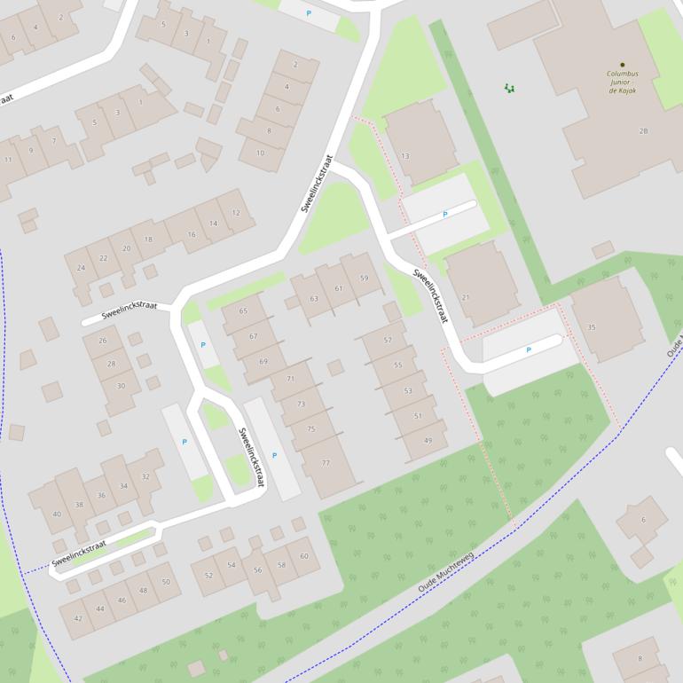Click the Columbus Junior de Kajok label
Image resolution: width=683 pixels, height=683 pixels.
point(622,82)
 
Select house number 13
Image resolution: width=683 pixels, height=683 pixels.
point(405,156)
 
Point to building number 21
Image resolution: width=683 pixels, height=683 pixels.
point(466,297)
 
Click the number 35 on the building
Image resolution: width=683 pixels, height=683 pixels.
point(592,327)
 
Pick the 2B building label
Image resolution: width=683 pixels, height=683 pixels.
point(643,131)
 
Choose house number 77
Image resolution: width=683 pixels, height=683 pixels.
point(326,463)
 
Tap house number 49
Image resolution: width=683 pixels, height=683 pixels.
point(428,441)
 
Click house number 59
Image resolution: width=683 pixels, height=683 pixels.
point(364,279)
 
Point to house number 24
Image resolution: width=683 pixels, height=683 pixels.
point(81,268)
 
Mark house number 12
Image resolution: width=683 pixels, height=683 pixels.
point(236,213)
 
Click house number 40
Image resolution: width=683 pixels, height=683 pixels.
point(57,514)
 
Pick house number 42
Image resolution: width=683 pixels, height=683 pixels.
point(78,618)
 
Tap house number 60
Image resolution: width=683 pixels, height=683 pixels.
point(303,556)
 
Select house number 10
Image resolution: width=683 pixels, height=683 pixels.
point(260,153)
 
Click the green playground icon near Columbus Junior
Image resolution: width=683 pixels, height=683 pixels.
point(509,88)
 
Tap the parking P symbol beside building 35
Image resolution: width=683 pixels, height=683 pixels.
point(529,350)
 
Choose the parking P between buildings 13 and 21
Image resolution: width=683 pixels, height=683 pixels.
point(444,215)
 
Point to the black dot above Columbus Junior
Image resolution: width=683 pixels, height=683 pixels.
point(623,65)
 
